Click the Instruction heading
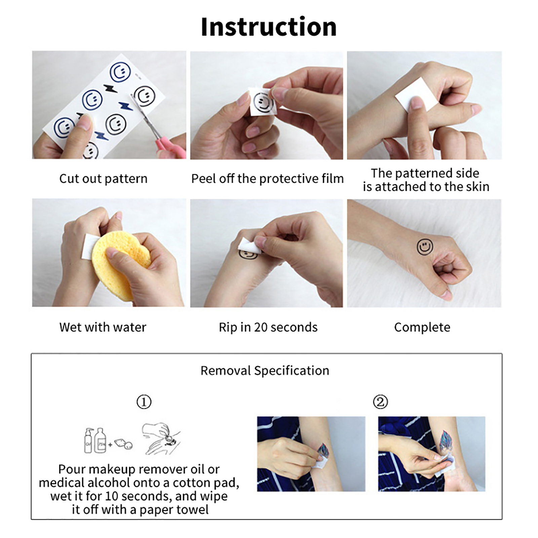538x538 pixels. (269, 27)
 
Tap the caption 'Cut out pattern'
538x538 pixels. (103, 179)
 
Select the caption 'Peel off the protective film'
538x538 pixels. (267, 179)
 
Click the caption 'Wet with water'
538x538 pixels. (103, 327)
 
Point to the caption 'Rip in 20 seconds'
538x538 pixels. (268, 327)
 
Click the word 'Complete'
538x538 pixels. (422, 327)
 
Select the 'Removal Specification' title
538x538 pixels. (265, 371)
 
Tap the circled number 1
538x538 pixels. (144, 402)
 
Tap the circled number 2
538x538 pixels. (380, 402)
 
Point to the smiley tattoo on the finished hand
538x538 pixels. (425, 247)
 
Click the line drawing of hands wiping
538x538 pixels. (161, 438)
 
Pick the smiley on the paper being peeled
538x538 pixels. (263, 103)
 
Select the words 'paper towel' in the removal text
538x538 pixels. (174, 510)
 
